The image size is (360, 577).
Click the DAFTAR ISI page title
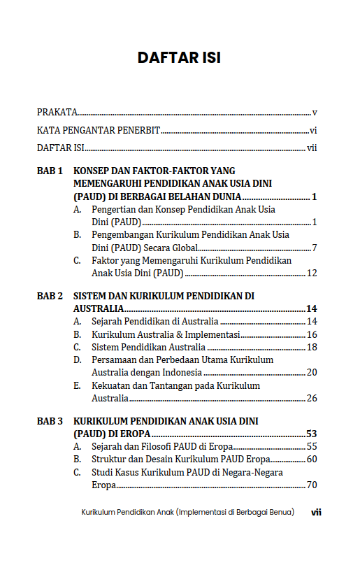179,57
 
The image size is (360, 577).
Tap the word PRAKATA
57,112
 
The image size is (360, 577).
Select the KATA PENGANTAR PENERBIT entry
99,130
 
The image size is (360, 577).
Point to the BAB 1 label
50,171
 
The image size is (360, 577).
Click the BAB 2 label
50,297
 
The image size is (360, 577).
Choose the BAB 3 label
50,422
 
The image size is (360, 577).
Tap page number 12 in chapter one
312,273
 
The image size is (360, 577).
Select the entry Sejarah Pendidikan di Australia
155,322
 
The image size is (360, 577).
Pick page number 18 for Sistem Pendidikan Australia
312,347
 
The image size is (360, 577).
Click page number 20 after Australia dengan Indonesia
312,372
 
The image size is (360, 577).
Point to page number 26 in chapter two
312,398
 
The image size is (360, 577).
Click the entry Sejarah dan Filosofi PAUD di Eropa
161,447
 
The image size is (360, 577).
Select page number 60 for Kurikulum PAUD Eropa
312,460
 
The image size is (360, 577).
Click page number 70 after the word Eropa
312,485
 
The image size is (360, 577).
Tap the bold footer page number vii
316,513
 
